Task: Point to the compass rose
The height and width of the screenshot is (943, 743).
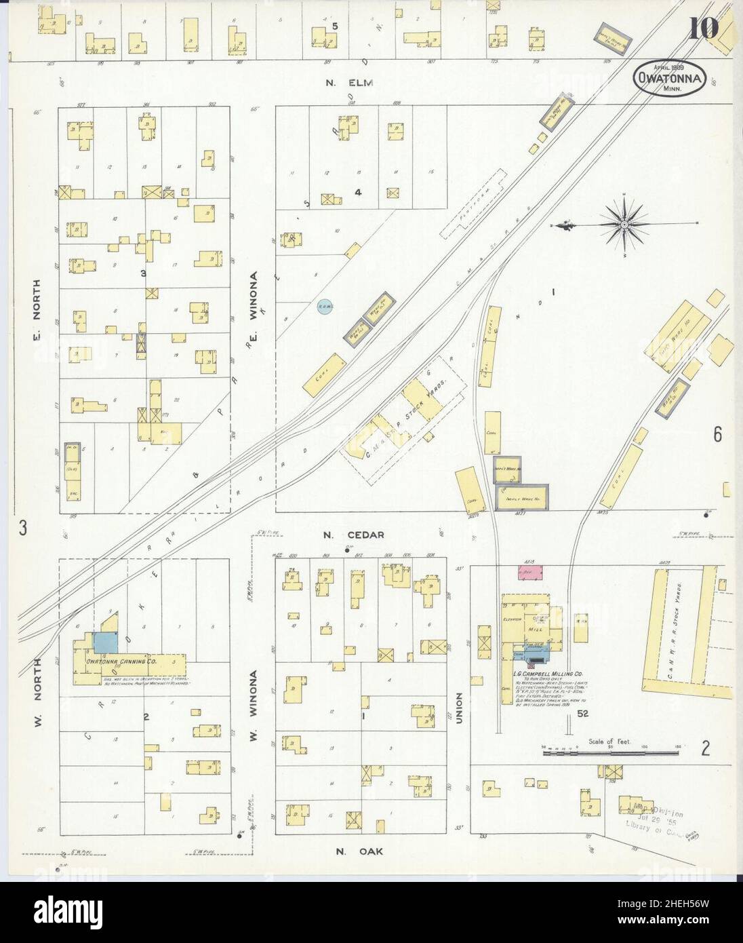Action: (622, 224)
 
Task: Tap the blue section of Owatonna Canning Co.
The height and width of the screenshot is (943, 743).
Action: (104, 642)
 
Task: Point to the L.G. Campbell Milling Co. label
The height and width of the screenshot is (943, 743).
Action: (550, 673)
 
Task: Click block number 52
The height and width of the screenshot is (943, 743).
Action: (582, 714)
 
